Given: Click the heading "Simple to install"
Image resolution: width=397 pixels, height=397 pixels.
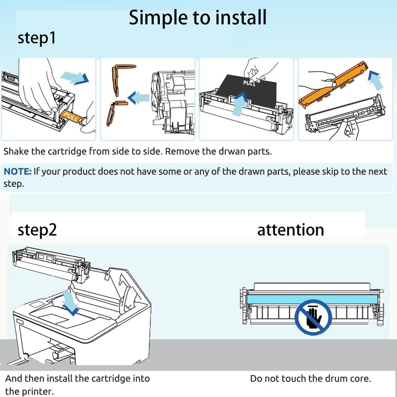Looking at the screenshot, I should coord(198,17).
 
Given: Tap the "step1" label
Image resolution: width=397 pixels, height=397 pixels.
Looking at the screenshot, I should coord(37,38).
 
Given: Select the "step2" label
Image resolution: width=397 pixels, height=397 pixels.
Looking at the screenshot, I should coord(37,229).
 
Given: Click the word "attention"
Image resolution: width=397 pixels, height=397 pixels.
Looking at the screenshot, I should coord(290,229).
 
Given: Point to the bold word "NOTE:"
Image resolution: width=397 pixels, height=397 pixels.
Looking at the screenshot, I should coord(18,172).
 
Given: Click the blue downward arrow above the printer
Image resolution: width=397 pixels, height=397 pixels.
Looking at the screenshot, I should coord(72,303).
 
